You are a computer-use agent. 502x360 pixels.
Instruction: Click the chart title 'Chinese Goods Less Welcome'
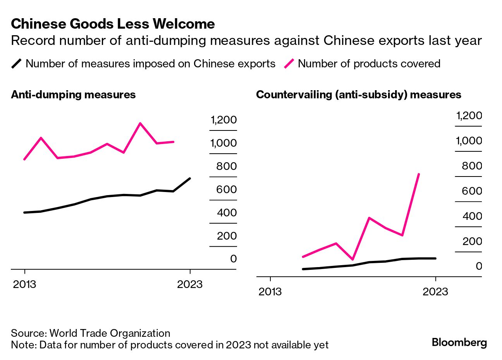pyautogui.click(x=113, y=24)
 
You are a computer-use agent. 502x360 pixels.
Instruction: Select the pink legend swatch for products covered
pyautogui.click(x=289, y=63)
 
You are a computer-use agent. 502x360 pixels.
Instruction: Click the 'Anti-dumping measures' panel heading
pyautogui.click(x=73, y=95)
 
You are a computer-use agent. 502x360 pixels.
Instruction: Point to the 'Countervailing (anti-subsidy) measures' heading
pyautogui.click(x=359, y=95)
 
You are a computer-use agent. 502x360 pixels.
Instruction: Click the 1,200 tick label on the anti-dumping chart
pyautogui.click(x=223, y=120)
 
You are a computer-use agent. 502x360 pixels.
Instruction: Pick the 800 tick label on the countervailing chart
pyautogui.click(x=472, y=166)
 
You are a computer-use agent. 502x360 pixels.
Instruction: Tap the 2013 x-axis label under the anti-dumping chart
pyautogui.click(x=24, y=285)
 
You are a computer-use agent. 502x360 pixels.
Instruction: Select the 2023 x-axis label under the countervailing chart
pyautogui.click(x=435, y=291)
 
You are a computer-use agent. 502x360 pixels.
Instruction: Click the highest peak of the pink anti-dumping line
pyautogui.click(x=140, y=123)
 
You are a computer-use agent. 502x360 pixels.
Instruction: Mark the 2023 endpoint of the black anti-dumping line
pyautogui.click(x=190, y=178)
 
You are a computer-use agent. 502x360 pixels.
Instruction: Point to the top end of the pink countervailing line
pyautogui.click(x=419, y=174)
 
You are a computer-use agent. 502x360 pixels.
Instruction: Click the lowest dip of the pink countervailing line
pyautogui.click(x=352, y=259)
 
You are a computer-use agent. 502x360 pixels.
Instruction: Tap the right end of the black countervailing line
pyautogui.click(x=436, y=258)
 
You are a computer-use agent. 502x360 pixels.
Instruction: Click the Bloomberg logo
pyautogui.click(x=459, y=343)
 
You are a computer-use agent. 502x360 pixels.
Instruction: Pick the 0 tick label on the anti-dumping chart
pyautogui.click(x=233, y=259)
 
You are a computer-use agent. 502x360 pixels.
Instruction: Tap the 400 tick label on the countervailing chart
pyautogui.click(x=472, y=216)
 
